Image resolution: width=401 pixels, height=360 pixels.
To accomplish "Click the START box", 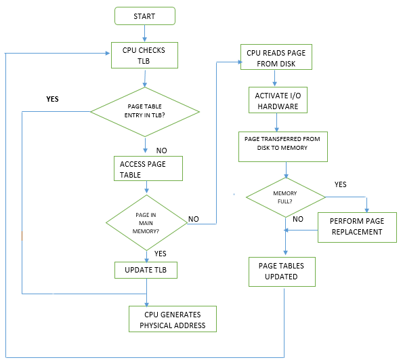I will pyautogui.click(x=144, y=16).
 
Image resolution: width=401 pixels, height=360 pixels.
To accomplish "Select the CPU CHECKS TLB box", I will pyautogui.click(x=144, y=55).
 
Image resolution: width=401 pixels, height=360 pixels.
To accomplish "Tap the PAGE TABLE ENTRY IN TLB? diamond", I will pyautogui.click(x=145, y=110).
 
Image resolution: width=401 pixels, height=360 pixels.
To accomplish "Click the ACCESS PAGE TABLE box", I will pyautogui.click(x=148, y=169).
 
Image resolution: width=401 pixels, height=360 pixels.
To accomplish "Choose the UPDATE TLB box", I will pyautogui.click(x=146, y=270).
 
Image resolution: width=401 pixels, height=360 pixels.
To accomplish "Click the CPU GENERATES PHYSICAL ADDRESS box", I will pyautogui.click(x=173, y=319).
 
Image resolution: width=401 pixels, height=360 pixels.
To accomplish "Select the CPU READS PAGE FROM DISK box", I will pyautogui.click(x=276, y=57).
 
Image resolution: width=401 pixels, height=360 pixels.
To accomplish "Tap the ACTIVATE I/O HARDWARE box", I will pyautogui.click(x=276, y=101).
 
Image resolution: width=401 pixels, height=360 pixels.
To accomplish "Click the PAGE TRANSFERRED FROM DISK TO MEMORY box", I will pyautogui.click(x=282, y=147).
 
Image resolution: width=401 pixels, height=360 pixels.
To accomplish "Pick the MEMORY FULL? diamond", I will pyautogui.click(x=285, y=197).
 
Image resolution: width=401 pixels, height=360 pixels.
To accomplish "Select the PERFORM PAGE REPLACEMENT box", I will pyautogui.click(x=356, y=226).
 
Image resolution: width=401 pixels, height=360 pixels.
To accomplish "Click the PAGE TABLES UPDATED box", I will pyautogui.click(x=282, y=271).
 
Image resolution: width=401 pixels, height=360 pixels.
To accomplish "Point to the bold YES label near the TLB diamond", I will pyautogui.click(x=52, y=99).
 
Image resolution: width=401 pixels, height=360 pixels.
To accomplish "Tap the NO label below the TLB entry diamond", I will pyautogui.click(x=162, y=149).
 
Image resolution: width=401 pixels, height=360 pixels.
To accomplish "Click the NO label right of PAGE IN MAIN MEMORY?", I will pyautogui.click(x=194, y=219).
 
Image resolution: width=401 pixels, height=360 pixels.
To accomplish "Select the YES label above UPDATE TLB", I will pyautogui.click(x=161, y=253).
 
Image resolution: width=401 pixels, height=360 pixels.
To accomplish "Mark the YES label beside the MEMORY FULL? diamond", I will pyautogui.click(x=341, y=184).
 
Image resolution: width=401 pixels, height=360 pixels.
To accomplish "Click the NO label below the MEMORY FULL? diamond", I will pyautogui.click(x=297, y=219).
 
